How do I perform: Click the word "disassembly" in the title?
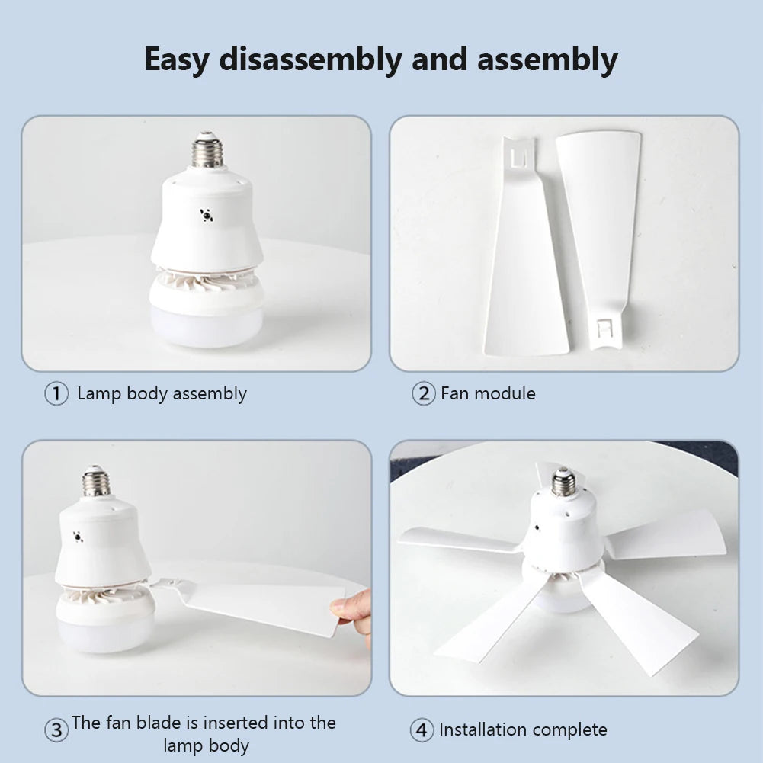309,59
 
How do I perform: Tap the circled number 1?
56,394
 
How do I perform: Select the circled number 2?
423,394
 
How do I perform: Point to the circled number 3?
56,730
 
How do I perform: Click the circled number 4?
422,730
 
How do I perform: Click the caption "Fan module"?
488,393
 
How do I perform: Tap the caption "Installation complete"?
523,729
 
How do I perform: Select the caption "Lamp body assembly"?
162,393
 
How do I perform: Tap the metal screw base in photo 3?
96,482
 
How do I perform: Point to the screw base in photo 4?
563,482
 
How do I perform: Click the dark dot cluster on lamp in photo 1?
206,215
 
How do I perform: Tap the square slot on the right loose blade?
605,329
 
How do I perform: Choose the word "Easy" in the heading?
175,59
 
